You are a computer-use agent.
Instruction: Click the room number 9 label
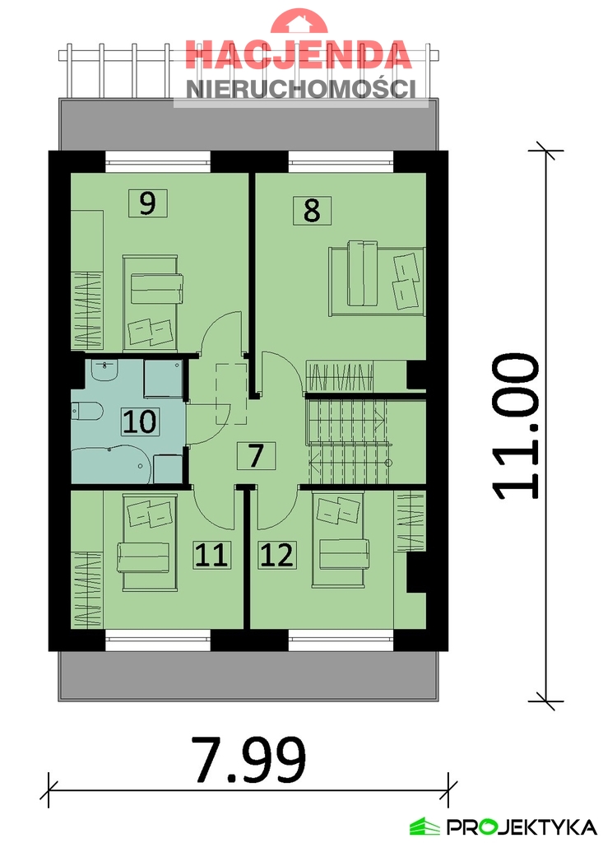click(147, 203)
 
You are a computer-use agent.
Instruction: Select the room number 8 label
click(312, 210)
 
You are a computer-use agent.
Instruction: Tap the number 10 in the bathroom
click(140, 421)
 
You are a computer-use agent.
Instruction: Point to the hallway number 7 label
click(256, 455)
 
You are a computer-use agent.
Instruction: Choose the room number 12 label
click(276, 555)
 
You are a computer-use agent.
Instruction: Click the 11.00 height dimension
click(517, 426)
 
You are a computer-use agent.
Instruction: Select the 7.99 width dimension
click(248, 760)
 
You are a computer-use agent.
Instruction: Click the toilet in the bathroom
click(86, 410)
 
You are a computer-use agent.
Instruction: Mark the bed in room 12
click(339, 542)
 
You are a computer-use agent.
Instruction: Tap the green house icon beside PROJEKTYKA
click(425, 826)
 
